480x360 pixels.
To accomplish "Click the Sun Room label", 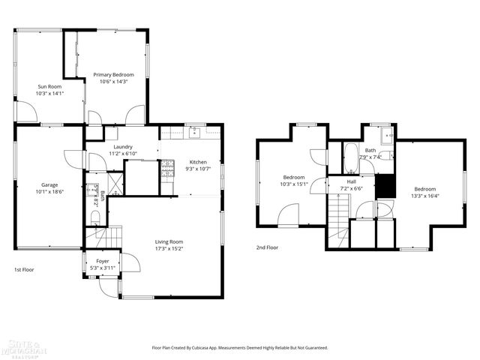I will (50, 87).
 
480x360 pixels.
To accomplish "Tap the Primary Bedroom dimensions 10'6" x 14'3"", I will (113, 82).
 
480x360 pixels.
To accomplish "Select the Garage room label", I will (49, 184).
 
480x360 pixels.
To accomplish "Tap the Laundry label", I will (123, 147).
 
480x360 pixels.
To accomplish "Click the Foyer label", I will (102, 261).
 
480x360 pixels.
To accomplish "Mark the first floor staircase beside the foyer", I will (94, 238).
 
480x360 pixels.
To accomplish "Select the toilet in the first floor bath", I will (95, 217).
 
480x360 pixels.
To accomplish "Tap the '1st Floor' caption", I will (24, 269).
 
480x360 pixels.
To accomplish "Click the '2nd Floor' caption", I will (267, 247).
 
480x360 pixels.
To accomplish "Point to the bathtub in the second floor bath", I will (350, 158).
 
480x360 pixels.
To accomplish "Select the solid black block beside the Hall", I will (384, 185).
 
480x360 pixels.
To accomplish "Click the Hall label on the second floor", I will (351, 181).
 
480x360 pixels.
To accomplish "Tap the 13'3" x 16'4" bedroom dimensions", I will (424, 196).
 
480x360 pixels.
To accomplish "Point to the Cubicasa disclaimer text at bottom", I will (240, 348).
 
